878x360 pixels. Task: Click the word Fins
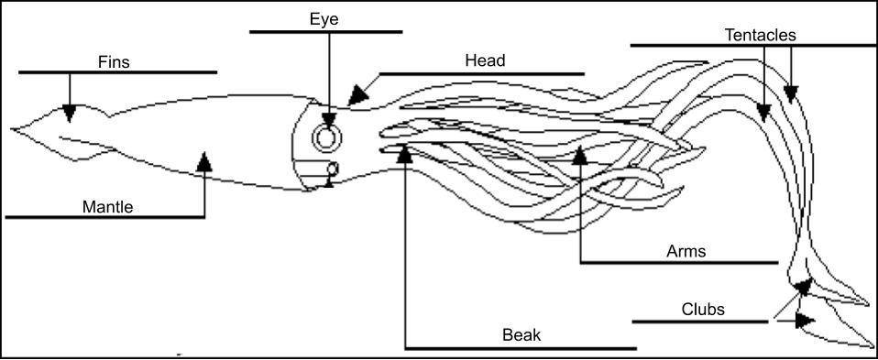(114, 61)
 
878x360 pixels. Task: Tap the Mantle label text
(107, 207)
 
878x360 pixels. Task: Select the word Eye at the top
(324, 19)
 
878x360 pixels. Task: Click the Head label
(485, 61)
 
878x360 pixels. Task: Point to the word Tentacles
(760, 35)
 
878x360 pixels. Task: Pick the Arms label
(686, 251)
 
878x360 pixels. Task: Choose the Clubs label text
(703, 309)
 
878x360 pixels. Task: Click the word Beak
(521, 335)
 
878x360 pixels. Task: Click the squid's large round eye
(326, 137)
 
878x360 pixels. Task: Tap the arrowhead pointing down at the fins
(70, 113)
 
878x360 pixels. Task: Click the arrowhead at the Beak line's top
(404, 154)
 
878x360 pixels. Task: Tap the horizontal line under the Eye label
(325, 32)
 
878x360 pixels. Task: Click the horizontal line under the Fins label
(117, 71)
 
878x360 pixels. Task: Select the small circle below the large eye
(333, 169)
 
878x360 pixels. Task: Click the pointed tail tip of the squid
(13, 127)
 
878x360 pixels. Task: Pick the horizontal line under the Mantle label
(104, 217)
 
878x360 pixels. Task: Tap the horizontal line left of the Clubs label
(699, 322)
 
